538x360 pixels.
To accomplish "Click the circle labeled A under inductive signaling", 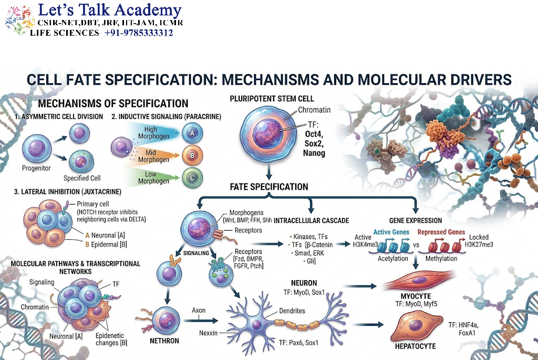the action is [192, 133].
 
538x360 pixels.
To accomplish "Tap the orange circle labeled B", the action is [192, 156].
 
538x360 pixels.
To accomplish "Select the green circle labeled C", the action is [192, 178].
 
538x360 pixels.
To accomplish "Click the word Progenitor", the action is [36, 168].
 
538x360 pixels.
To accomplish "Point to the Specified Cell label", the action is [82, 178].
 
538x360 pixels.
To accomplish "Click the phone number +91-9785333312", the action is [139, 33].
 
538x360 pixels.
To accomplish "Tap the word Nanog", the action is [314, 153].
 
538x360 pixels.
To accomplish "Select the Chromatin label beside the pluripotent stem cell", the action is [314, 110].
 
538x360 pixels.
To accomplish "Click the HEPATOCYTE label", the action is [415, 346].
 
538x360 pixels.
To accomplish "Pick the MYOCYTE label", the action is [416, 296].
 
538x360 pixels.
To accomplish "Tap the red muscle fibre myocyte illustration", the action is [418, 280].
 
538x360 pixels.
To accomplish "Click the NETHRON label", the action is [164, 341].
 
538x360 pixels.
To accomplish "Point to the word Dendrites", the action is [292, 311].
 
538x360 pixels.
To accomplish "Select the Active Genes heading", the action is [391, 232].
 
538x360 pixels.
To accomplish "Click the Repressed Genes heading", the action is [441, 232].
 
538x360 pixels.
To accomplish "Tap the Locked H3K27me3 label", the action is [479, 241].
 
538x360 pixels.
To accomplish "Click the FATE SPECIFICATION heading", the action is [269, 187].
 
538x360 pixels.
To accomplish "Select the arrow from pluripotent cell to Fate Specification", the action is [269, 171].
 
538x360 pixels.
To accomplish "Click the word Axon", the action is [199, 310].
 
